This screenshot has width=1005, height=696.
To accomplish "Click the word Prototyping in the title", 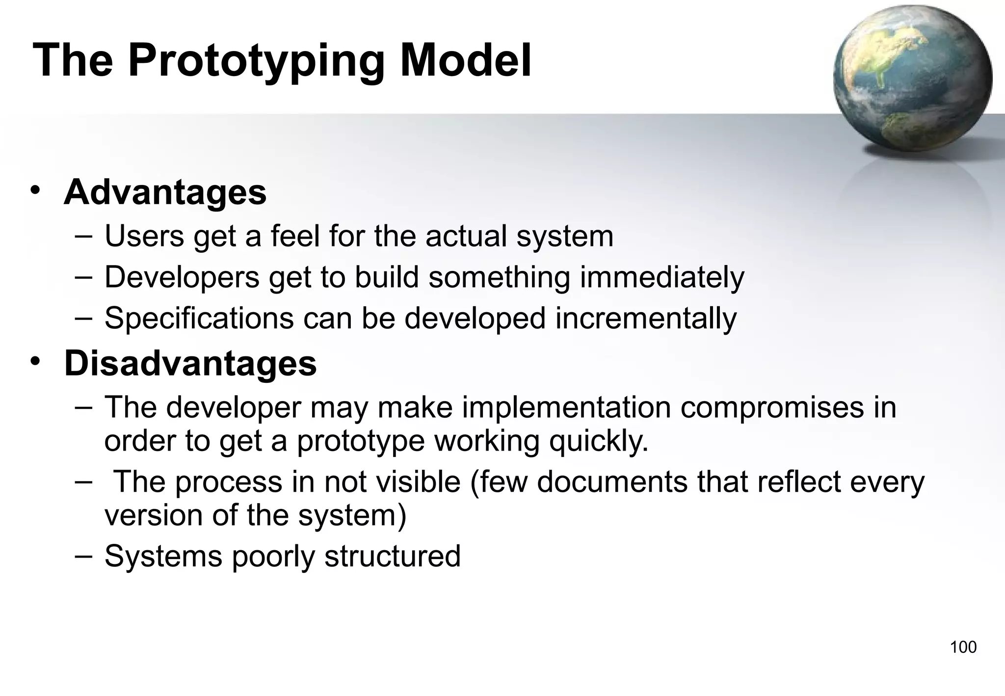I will tap(256, 61).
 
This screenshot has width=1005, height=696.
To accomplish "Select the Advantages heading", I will tap(165, 192).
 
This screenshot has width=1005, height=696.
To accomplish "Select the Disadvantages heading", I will tap(190, 364).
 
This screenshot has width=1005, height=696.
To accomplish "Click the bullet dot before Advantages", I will tap(34, 190).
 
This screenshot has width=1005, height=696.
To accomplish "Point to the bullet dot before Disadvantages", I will tap(34, 362).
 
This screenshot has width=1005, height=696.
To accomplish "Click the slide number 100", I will tap(963, 647).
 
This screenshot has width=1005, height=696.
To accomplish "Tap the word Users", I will tap(144, 236).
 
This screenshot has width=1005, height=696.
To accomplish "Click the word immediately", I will tap(662, 277).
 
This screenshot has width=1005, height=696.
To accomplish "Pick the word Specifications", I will tap(199, 319).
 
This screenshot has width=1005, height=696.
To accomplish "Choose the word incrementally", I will tap(646, 319).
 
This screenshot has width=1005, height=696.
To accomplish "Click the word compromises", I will tap(771, 408).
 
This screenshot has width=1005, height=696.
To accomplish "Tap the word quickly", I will tap(598, 441).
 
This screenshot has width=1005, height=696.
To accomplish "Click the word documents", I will tap(612, 482).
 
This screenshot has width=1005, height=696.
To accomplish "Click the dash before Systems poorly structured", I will tap(83, 555).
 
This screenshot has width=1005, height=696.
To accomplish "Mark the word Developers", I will tap(182, 277).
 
